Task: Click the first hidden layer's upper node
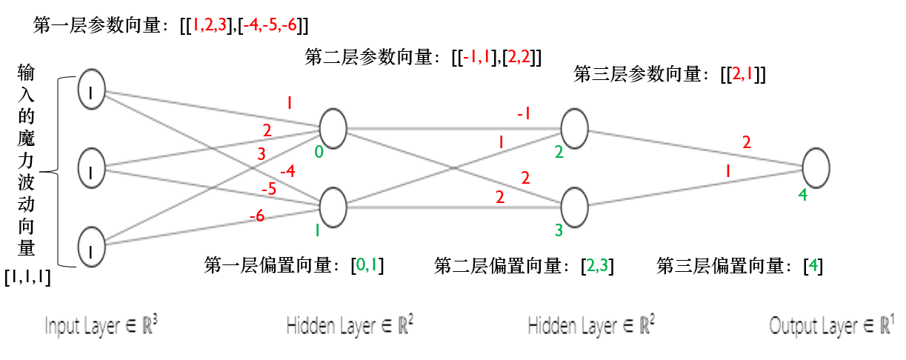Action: pyautogui.click(x=333, y=127)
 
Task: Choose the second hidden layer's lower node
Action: pyautogui.click(x=574, y=204)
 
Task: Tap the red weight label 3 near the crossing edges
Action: pyautogui.click(x=260, y=154)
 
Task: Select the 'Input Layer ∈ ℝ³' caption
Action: pyautogui.click(x=101, y=326)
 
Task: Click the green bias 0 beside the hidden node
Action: pyautogui.click(x=319, y=153)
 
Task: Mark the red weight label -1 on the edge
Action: pyautogui.click(x=523, y=113)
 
